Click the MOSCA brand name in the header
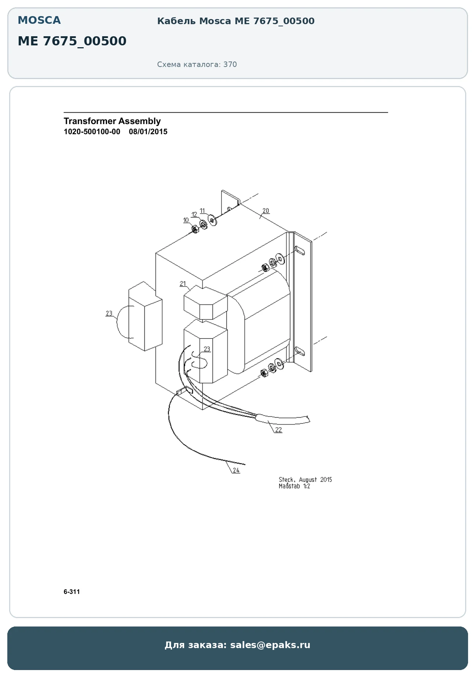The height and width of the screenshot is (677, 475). pos(39,20)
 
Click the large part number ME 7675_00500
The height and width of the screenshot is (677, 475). pos(72,41)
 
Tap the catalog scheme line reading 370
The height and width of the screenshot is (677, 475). pos(197,64)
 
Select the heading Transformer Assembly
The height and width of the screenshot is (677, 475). pos(112,121)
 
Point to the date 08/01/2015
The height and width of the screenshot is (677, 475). pos(148,132)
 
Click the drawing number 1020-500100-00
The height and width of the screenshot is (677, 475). pos(92,132)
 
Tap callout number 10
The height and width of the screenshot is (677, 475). pos(186,220)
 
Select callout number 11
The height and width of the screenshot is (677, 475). pos(202,211)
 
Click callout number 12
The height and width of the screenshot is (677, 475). pos(194,214)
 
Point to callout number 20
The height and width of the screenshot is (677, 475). pos(266,211)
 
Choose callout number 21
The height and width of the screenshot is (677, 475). pos(183,284)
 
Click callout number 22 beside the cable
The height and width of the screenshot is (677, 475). pos(278,430)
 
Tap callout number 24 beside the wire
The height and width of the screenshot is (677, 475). pos(236,470)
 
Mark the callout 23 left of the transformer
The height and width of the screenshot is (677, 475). pos(109,313)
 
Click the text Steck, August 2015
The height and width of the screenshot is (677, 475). pos(305,480)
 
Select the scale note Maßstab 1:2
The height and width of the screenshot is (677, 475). pos(294,486)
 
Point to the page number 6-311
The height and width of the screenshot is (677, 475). pos(72,592)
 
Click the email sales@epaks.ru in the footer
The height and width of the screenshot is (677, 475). pos(270,645)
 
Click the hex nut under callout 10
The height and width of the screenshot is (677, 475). pos(195,230)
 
